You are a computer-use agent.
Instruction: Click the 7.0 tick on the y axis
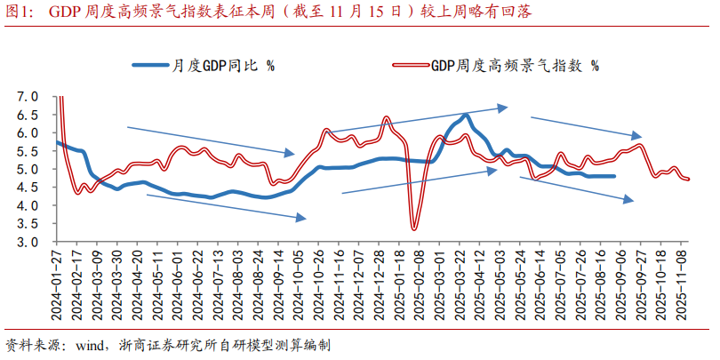[28, 96]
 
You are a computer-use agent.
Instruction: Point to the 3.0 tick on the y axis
[28, 242]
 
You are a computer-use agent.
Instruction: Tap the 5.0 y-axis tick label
[28, 169]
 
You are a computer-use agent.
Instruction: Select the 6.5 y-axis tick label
[28, 115]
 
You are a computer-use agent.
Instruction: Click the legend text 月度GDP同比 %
[223, 65]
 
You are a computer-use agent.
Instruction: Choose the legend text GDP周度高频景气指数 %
[515, 65]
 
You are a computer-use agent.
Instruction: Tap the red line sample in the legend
[411, 65]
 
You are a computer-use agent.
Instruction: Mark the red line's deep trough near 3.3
[414, 229]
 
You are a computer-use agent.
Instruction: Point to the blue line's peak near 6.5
[465, 116]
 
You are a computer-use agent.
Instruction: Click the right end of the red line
[688, 179]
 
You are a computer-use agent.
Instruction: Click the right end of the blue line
[613, 176]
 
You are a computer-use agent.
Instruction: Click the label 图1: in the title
[20, 12]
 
